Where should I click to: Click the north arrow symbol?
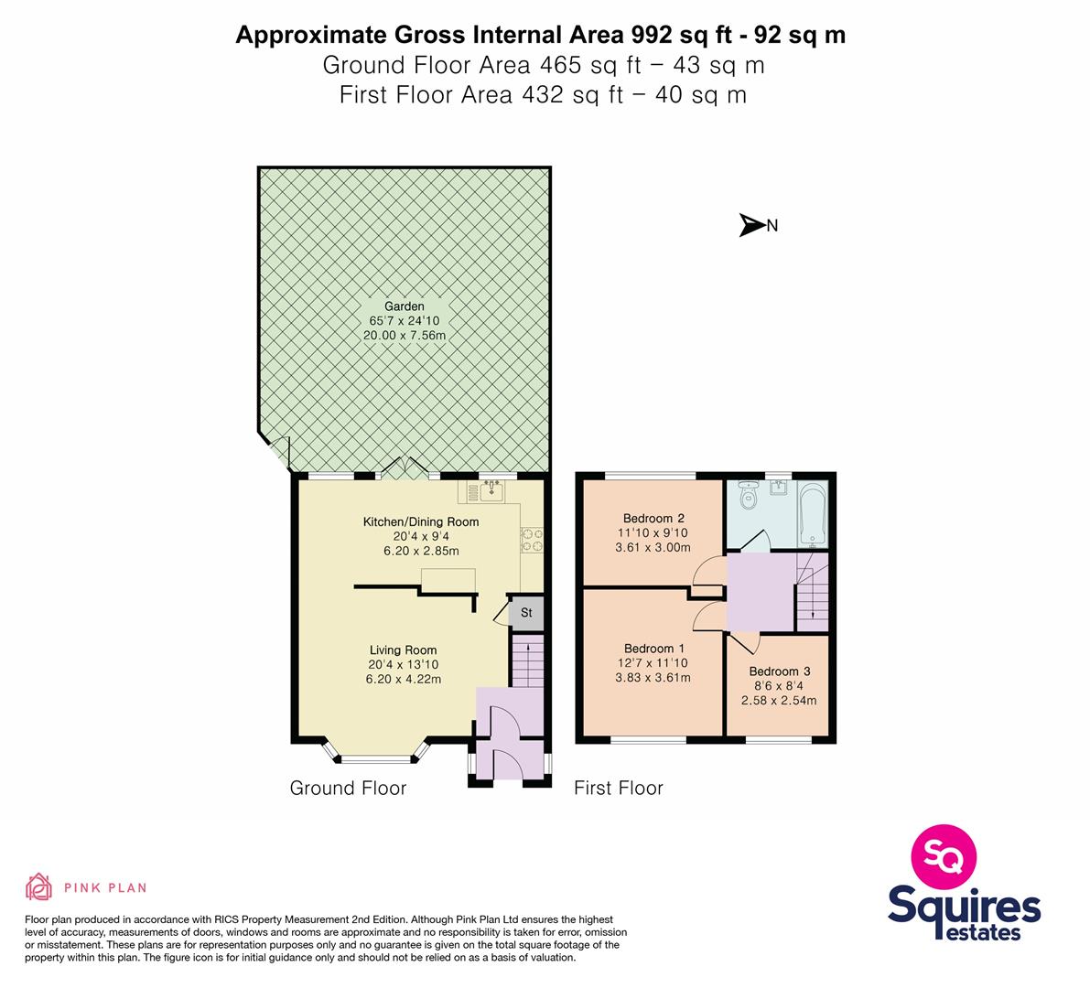click(751, 225)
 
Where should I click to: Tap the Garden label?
click(404, 306)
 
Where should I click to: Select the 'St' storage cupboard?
click(526, 613)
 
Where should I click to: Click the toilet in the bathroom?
click(748, 495)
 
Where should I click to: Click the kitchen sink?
click(492, 492)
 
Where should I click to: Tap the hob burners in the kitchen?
click(533, 541)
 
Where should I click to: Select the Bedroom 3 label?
click(779, 671)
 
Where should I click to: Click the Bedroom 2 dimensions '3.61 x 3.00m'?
click(653, 547)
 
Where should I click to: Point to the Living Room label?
click(404, 650)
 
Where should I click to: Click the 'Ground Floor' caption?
click(348, 788)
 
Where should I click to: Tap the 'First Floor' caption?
click(619, 788)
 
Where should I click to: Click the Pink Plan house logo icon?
click(39, 887)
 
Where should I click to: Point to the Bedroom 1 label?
click(654, 649)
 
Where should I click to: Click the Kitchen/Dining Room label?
click(421, 521)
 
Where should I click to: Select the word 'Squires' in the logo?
click(965, 907)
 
